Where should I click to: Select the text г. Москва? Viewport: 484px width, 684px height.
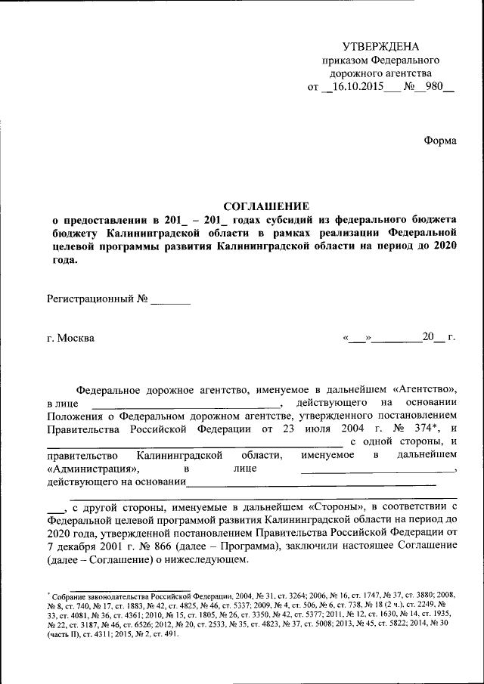click(71, 338)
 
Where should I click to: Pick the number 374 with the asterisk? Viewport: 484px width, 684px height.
click(416, 429)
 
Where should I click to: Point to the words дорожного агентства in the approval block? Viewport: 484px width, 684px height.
click(380, 73)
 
